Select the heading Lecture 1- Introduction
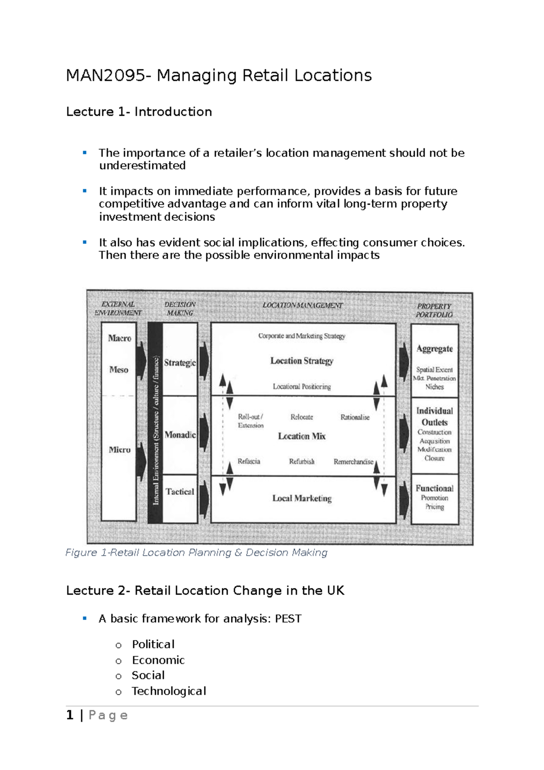[x=139, y=112]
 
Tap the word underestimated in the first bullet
[x=142, y=166]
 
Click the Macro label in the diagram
[x=120, y=338]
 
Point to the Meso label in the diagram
[x=119, y=370]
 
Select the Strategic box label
[x=180, y=363]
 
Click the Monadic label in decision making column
[x=180, y=435]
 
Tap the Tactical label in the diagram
[x=180, y=492]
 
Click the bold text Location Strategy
[x=302, y=361]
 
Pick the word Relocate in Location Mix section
[x=302, y=417]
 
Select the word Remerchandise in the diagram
[x=354, y=462]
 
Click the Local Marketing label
[x=302, y=498]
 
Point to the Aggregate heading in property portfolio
[x=434, y=349]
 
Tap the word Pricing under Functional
[x=434, y=507]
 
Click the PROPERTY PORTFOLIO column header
[x=434, y=310]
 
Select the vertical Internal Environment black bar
[x=155, y=423]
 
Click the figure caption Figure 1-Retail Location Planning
[x=196, y=552]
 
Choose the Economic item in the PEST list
[x=158, y=660]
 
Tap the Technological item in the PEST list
[x=169, y=691]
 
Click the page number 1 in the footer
[x=70, y=716]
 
